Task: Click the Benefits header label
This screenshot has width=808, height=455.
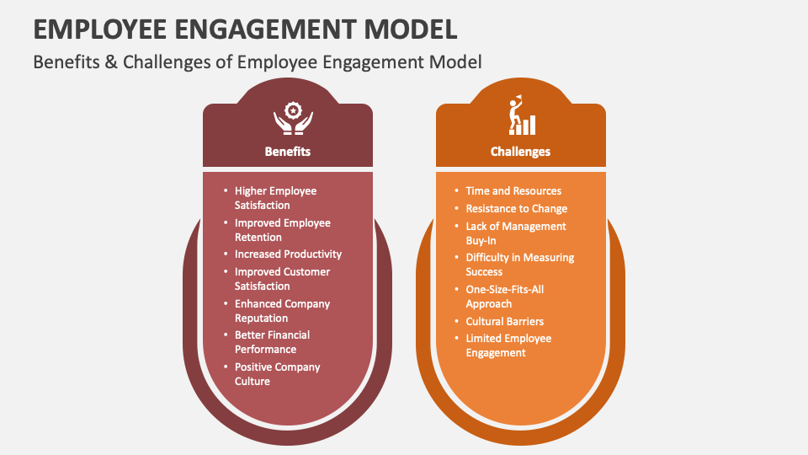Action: tap(287, 152)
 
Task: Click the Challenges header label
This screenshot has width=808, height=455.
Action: tap(520, 152)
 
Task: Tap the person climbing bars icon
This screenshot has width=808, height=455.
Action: tap(520, 115)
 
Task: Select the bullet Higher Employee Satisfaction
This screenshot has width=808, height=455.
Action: tap(275, 198)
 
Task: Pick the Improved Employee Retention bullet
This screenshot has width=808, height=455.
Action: tap(282, 230)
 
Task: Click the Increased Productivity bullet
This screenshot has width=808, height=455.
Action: tap(288, 254)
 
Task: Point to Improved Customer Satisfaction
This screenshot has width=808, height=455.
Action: tap(282, 279)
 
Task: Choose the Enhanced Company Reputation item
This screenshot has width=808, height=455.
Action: tap(282, 311)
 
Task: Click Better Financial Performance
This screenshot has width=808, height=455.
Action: tap(272, 342)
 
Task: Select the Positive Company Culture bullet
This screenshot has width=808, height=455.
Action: tap(277, 374)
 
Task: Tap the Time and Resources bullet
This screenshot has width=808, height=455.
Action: tap(513, 191)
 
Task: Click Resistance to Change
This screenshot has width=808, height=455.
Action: tap(516, 209)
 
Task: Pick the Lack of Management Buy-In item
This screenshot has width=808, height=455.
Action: tap(515, 233)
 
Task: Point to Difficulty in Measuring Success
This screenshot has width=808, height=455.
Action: tap(519, 265)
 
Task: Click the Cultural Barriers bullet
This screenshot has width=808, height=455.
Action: tap(504, 322)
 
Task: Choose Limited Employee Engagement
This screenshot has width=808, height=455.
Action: tap(508, 345)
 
